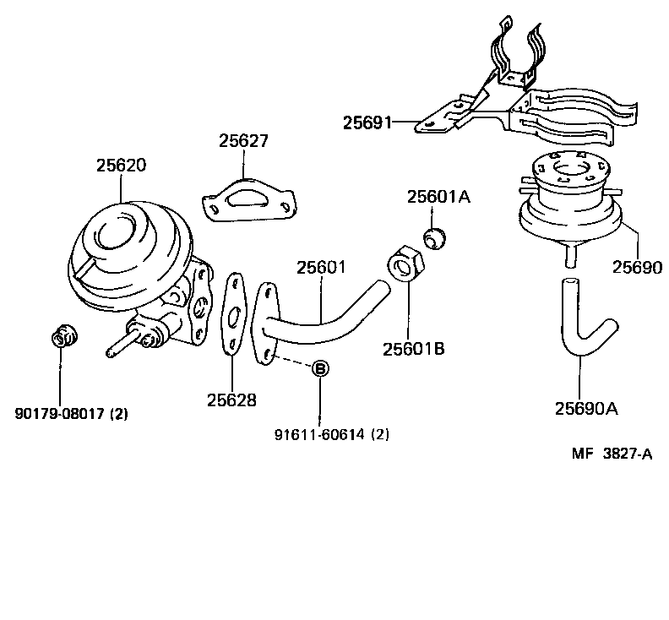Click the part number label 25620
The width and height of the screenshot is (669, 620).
[120, 166]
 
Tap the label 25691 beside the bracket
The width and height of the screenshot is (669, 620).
[367, 123]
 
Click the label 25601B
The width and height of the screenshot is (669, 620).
[413, 348]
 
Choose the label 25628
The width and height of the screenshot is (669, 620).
[231, 400]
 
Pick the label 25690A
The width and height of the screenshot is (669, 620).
[587, 409]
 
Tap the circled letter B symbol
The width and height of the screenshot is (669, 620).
[321, 368]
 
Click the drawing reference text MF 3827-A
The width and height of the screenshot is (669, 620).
[612, 454]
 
